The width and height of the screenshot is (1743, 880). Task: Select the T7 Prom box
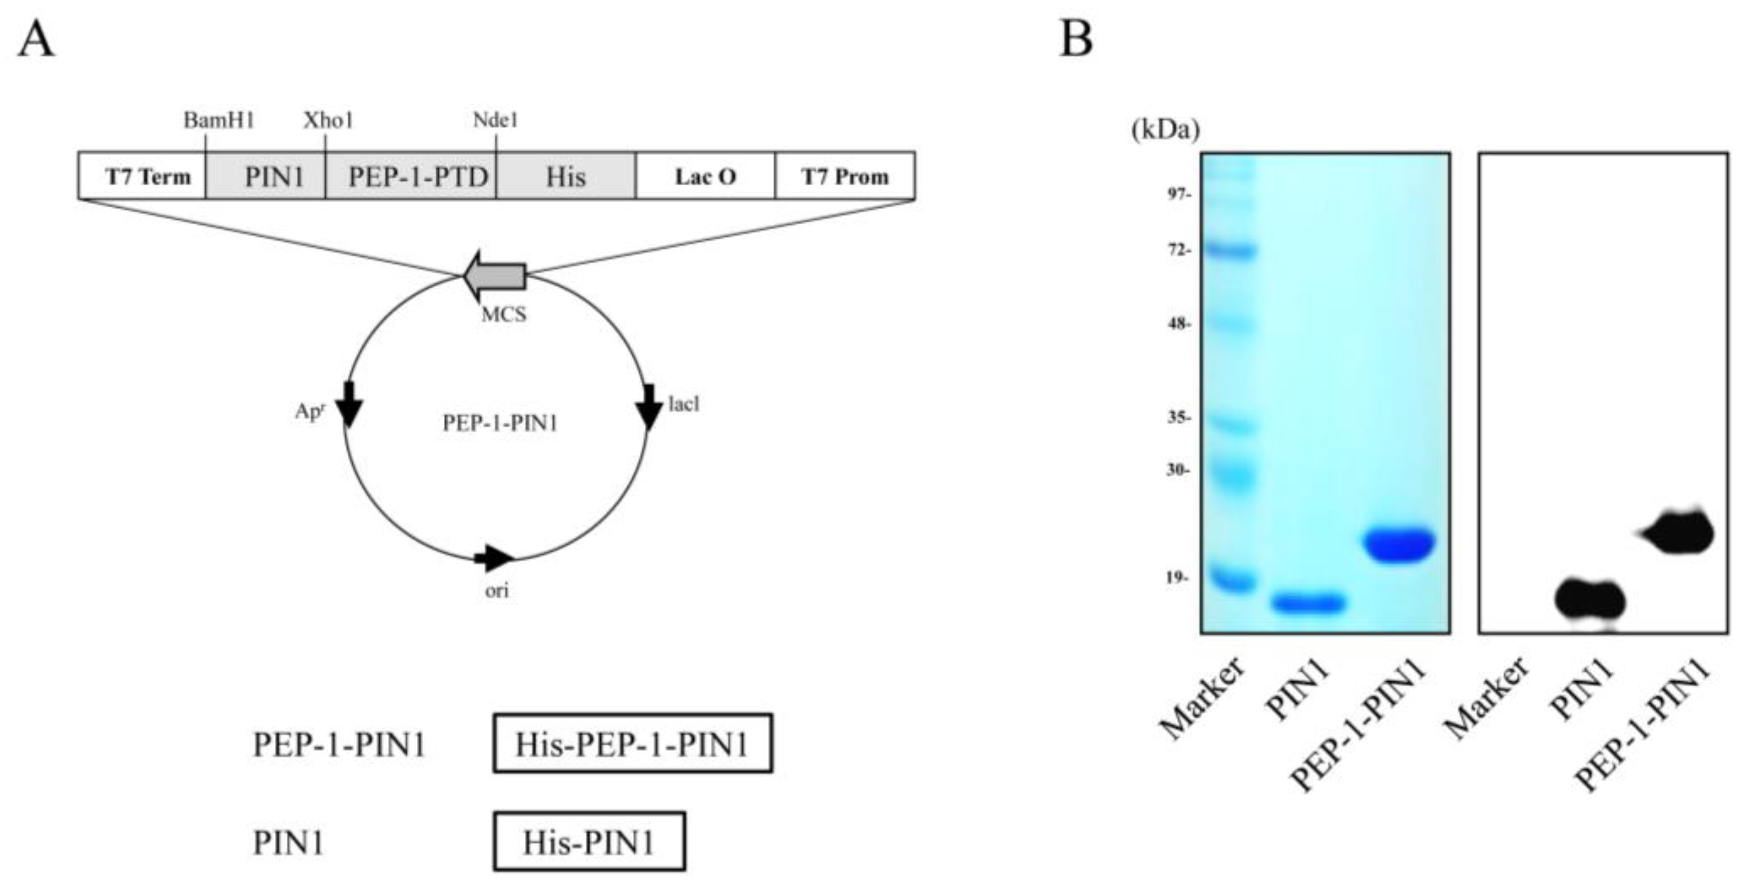pyautogui.click(x=844, y=176)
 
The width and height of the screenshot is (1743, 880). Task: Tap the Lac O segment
pyautogui.click(x=705, y=176)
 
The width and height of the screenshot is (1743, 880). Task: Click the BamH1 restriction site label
pyautogui.click(x=218, y=120)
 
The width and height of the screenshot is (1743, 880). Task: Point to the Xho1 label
pyautogui.click(x=328, y=120)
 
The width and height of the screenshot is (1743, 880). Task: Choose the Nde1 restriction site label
pyautogui.click(x=495, y=120)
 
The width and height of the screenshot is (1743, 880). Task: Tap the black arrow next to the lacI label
pyautogui.click(x=650, y=406)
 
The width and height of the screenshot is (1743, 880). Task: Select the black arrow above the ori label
pyautogui.click(x=495, y=558)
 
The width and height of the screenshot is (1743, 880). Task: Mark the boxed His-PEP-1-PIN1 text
pyautogui.click(x=632, y=743)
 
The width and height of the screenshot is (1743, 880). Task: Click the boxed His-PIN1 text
pyautogui.click(x=589, y=841)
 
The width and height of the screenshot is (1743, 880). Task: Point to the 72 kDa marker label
pyautogui.click(x=1178, y=251)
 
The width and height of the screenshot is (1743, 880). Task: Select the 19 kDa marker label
pyautogui.click(x=1178, y=578)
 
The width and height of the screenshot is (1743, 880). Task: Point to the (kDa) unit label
pyautogui.click(x=1165, y=128)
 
